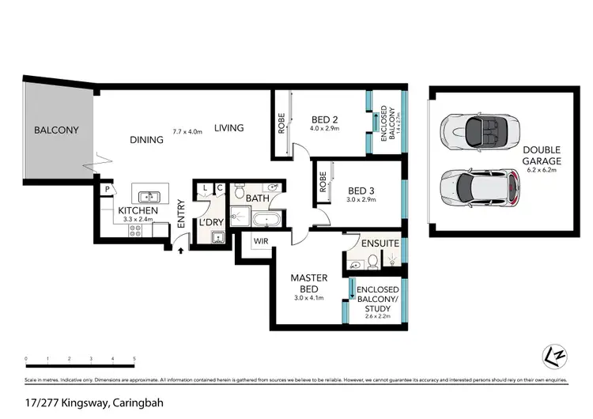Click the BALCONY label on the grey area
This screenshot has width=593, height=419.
point(56,130)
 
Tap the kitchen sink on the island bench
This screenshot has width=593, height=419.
point(147,197)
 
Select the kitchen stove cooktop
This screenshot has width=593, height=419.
point(135,231)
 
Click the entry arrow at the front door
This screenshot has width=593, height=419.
point(180,251)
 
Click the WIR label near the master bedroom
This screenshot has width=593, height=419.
point(262,240)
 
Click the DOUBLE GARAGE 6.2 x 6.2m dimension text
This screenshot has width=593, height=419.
point(541,169)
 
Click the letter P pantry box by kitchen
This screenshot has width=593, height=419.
point(105,190)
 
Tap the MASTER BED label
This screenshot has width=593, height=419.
point(303,284)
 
